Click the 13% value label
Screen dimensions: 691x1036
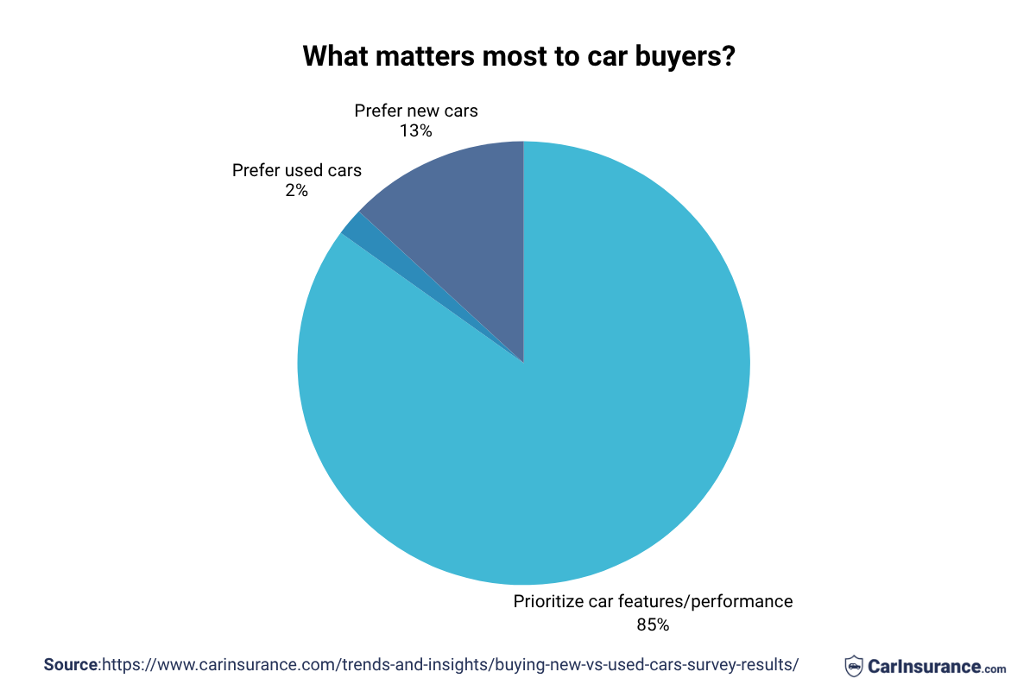click(x=415, y=131)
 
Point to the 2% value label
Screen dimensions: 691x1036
click(x=296, y=190)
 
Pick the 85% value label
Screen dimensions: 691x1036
click(x=653, y=624)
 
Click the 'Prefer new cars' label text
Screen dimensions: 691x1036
click(x=415, y=111)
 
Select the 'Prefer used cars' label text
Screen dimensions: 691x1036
click(x=296, y=170)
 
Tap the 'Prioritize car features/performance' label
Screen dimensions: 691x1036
click(x=653, y=601)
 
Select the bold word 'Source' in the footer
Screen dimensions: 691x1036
click(x=71, y=665)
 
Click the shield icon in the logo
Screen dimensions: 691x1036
click(x=853, y=666)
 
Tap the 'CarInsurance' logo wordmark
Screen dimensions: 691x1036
click(x=924, y=666)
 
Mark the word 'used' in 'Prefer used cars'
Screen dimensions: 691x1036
click(x=302, y=170)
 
